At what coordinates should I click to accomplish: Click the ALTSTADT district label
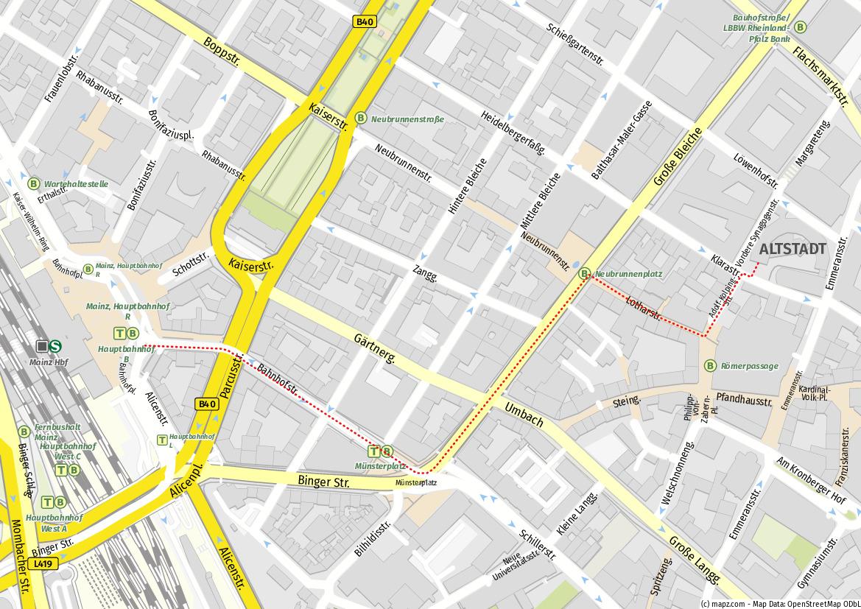(793, 249)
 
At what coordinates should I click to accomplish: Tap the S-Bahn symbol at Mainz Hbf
(56, 345)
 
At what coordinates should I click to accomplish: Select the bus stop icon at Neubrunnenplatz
(585, 274)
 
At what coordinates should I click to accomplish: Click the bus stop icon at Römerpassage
(710, 365)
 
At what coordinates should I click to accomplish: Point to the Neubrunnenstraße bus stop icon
(361, 118)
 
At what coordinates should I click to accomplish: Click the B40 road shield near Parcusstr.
(208, 404)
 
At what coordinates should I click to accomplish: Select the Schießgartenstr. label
(575, 43)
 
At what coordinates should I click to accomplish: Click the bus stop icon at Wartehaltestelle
(34, 183)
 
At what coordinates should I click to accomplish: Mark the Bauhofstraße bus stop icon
(801, 27)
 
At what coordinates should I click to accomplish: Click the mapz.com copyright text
(779, 603)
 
